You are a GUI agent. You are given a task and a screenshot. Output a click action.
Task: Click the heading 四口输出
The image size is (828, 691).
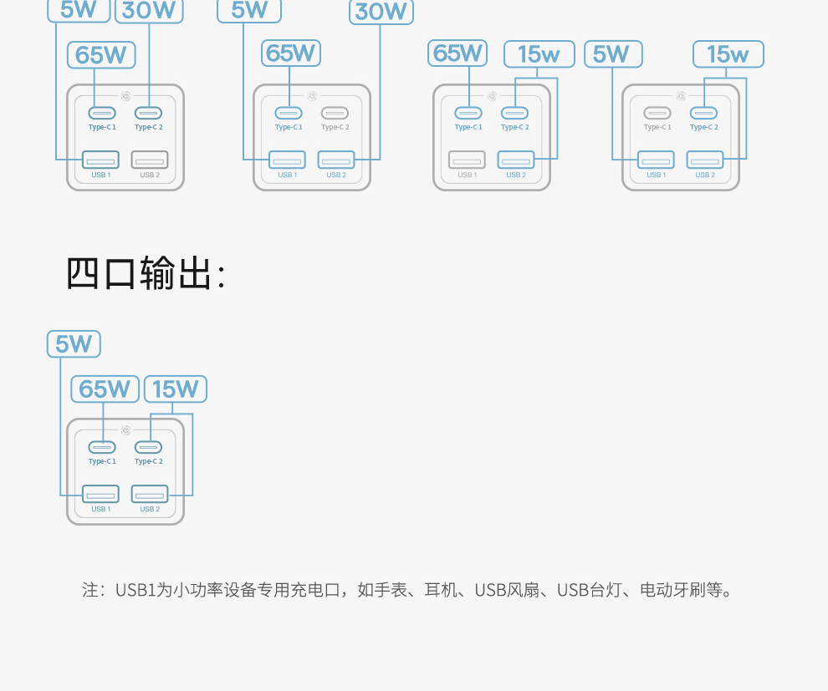pos(146,273)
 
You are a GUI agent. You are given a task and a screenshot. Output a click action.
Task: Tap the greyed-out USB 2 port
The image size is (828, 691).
pos(150,160)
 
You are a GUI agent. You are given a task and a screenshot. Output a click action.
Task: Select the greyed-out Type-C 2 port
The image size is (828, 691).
pos(335,113)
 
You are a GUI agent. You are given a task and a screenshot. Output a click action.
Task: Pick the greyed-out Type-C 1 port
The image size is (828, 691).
pos(657,113)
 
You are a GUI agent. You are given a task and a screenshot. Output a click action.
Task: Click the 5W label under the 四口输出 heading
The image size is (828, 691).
pos(74,344)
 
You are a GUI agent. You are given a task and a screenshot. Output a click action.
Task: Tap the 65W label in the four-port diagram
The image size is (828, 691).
pos(105,389)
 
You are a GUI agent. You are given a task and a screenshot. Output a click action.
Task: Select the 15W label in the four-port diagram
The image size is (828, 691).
pos(175,389)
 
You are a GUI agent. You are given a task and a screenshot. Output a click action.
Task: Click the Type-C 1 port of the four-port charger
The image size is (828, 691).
pos(102,447)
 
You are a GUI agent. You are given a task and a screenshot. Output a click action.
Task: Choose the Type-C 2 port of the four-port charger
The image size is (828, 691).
pos(149,447)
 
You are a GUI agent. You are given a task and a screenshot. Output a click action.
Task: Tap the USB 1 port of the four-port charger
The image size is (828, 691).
pos(101,493)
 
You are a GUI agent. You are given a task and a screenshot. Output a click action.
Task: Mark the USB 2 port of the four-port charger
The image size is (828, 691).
pos(150,493)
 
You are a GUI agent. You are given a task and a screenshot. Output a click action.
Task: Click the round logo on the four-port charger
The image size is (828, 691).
pos(125,430)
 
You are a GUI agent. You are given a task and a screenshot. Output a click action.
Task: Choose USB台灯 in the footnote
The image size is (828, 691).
pos(590,590)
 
